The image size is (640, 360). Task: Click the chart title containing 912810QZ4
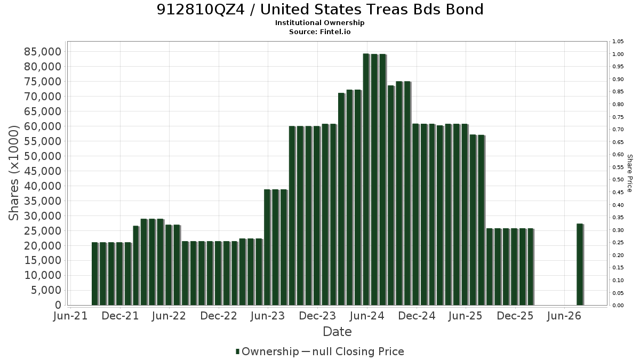[320, 10]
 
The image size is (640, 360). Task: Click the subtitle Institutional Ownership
[319, 23]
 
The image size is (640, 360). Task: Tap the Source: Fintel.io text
[319, 31]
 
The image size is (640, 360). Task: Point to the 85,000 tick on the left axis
[43, 52]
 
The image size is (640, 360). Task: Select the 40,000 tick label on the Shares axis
[43, 186]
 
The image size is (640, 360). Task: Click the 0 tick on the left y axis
[58, 305]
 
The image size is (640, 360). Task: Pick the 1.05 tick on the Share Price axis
[618, 42]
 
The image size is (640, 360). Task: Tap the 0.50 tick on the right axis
[618, 180]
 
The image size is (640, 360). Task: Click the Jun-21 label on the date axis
[70, 316]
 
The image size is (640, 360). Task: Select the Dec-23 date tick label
[317, 316]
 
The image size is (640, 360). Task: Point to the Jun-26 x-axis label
[564, 316]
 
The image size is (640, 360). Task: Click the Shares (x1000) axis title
[13, 173]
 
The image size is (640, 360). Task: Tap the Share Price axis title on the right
[630, 173]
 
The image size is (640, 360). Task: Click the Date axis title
[337, 332]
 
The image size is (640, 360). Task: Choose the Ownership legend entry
[267, 351]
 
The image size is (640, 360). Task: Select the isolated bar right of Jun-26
[580, 265]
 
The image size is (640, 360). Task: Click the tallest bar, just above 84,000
[366, 179]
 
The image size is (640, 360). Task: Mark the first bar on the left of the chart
[95, 274]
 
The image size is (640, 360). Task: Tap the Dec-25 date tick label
[515, 316]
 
